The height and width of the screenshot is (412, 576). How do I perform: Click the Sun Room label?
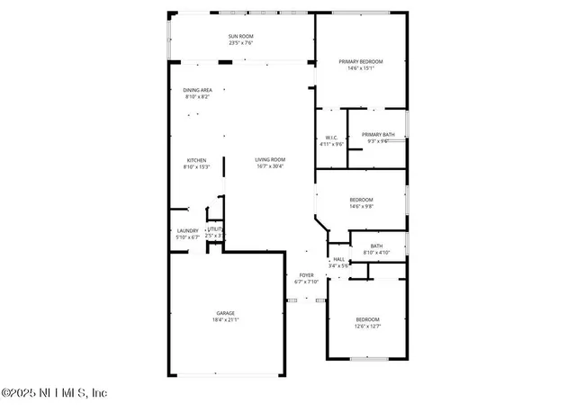tap(241, 35)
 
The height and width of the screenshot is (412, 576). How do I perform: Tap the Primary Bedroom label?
tap(361, 61)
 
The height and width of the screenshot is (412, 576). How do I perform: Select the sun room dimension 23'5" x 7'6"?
tap(241, 42)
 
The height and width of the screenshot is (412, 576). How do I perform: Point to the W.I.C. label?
tap(331, 137)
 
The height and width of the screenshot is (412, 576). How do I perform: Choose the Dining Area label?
tap(197, 90)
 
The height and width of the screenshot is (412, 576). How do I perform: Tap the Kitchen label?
tap(196, 160)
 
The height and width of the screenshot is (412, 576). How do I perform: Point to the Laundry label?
tap(187, 230)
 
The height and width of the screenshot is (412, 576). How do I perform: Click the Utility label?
tap(214, 229)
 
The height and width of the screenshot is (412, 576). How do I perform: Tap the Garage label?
tap(225, 313)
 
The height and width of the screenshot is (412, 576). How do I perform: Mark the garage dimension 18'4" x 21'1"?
tap(225, 320)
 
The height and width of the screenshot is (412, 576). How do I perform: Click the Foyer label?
tap(307, 275)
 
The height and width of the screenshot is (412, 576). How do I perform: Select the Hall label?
tap(338, 259)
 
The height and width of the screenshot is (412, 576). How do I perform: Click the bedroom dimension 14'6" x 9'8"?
tap(361, 207)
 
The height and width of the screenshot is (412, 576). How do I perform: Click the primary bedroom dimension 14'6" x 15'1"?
tap(361, 68)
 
